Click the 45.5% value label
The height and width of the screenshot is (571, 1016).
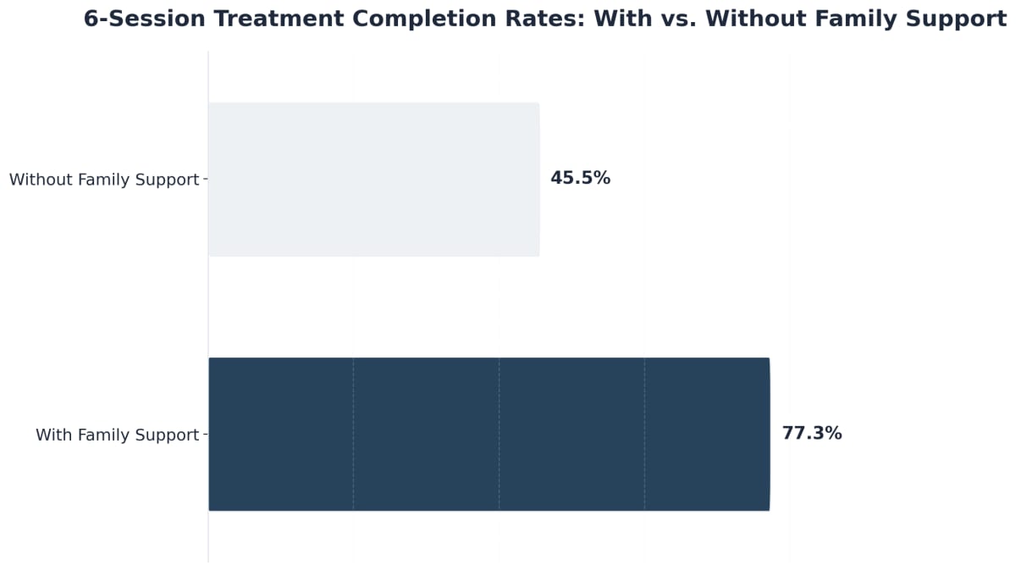pyautogui.click(x=580, y=179)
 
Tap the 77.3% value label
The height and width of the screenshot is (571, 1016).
pyautogui.click(x=811, y=434)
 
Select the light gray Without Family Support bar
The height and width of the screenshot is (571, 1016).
pyautogui.click(x=373, y=179)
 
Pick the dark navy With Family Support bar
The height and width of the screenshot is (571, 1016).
pyautogui.click(x=489, y=434)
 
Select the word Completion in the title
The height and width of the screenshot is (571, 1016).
pyautogui.click(x=406, y=19)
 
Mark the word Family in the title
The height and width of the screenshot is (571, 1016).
pyautogui.click(x=849, y=19)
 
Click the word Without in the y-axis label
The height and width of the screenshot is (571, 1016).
pyautogui.click(x=41, y=180)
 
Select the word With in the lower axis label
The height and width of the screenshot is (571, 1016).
pyautogui.click(x=55, y=435)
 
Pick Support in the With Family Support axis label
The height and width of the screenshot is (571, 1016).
pyautogui.click(x=168, y=435)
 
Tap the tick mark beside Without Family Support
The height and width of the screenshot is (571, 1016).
pyautogui.click(x=206, y=180)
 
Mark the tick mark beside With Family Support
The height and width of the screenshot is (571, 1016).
pyautogui.click(x=206, y=435)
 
